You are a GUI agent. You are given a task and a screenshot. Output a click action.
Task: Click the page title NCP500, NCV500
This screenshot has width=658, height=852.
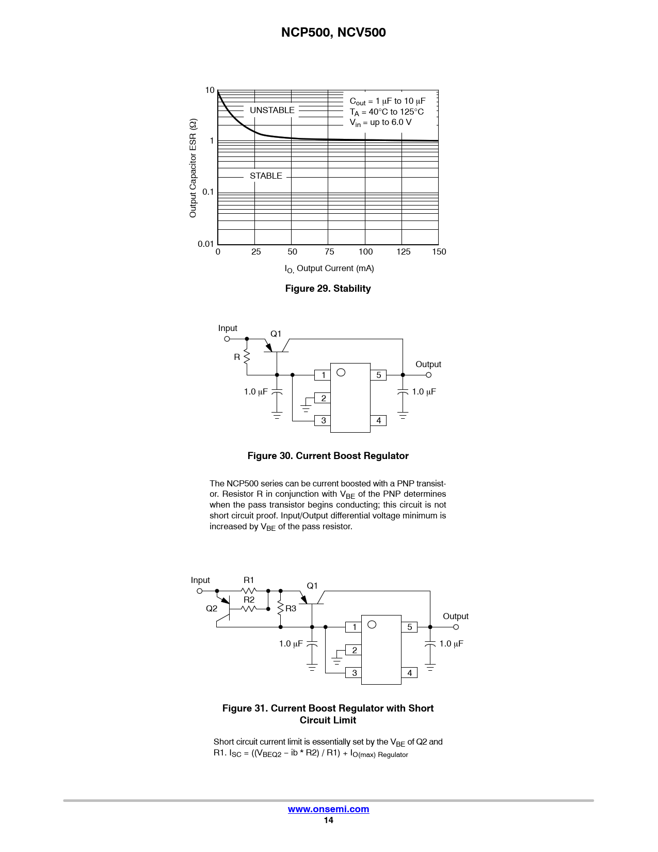tap(333, 33)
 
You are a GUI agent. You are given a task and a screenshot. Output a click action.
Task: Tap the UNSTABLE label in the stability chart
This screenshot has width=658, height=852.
tap(272, 110)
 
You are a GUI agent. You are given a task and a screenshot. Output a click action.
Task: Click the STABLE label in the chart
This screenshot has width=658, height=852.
tap(266, 176)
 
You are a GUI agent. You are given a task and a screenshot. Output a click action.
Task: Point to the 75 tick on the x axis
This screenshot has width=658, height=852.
tap(329, 251)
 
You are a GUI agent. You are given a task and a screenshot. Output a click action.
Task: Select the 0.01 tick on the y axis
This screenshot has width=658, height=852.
tap(205, 244)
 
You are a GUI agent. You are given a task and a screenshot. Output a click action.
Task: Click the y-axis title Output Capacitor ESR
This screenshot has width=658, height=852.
tap(193, 168)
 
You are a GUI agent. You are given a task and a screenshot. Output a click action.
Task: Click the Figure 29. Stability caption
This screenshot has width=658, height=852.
tap(328, 289)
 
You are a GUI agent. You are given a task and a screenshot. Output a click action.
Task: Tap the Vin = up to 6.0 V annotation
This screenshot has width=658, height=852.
tap(380, 122)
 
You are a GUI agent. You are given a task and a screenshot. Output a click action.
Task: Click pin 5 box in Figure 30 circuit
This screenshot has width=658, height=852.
tap(378, 375)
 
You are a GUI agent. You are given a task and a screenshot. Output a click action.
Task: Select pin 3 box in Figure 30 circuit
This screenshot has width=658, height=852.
tap(323, 420)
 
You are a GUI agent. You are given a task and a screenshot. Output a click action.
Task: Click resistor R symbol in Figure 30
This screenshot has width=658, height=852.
tap(247, 357)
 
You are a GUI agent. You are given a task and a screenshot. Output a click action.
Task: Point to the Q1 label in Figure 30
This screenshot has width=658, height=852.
tap(276, 334)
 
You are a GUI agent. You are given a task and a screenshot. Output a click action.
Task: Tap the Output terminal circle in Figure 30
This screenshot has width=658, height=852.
tap(428, 375)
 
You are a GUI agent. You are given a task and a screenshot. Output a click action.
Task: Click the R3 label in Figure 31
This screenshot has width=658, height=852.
tap(291, 608)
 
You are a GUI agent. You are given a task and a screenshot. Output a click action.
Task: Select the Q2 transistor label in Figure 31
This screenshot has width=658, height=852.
tap(212, 608)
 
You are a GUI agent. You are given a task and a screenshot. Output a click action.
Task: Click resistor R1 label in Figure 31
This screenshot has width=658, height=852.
tap(249, 580)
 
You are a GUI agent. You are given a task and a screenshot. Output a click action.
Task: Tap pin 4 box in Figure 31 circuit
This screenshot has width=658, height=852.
tap(409, 673)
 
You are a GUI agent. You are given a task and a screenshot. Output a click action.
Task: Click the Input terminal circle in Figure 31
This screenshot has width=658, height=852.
tap(200, 591)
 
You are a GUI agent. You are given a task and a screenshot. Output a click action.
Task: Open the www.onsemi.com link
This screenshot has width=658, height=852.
tap(328, 809)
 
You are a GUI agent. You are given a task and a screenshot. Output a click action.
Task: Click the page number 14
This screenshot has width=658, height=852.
tap(328, 820)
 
